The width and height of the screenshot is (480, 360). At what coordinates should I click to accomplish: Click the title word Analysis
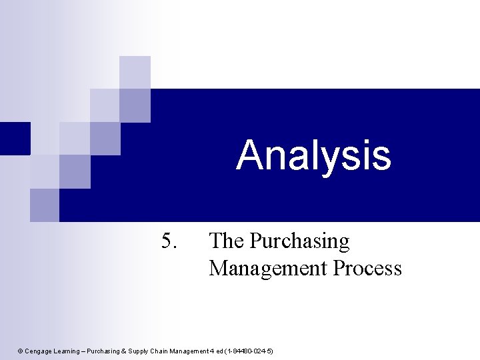click(313, 155)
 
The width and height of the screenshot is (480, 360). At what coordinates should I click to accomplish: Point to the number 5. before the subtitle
click(169, 241)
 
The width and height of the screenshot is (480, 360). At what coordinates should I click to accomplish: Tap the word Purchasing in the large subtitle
click(299, 241)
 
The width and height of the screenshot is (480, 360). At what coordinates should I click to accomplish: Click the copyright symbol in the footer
click(20, 351)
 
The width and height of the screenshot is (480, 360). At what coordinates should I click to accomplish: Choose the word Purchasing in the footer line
click(106, 351)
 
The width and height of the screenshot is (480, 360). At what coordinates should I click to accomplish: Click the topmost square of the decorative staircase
click(135, 72)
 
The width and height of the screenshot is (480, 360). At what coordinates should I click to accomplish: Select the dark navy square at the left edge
click(15, 138)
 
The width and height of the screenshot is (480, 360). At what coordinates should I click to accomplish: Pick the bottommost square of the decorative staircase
click(44, 205)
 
